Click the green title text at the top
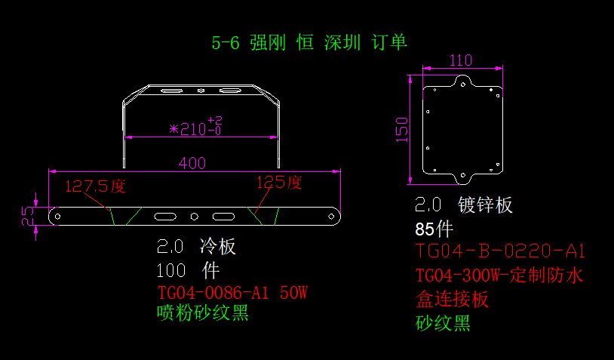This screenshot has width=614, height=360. pyautogui.click(x=309, y=42)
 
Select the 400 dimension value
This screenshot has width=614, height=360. pyautogui.click(x=192, y=163)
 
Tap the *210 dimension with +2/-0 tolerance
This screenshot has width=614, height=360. pyautogui.click(x=196, y=126)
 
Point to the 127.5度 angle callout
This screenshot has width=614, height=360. pyautogui.click(x=95, y=186)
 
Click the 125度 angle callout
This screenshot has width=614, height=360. pyautogui.click(x=279, y=183)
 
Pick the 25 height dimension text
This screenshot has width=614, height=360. pyautogui.click(x=28, y=217)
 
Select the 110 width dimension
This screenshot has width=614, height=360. pyautogui.click(x=460, y=60)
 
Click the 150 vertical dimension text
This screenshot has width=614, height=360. pyautogui.click(x=402, y=130)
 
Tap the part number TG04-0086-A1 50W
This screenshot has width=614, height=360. pyautogui.click(x=232, y=293)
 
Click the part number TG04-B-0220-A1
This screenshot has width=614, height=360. pyautogui.click(x=500, y=251)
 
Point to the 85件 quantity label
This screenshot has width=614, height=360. pyautogui.click(x=434, y=229)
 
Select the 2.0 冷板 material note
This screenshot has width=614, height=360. pyautogui.click(x=196, y=246)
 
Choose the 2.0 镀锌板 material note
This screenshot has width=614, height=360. pyautogui.click(x=464, y=205)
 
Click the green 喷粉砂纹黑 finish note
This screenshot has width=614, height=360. pyautogui.click(x=203, y=312)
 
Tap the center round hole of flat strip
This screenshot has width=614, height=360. pyautogui.click(x=194, y=217)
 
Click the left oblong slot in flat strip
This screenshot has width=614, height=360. pyautogui.click(x=165, y=217)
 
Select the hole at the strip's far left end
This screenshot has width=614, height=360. pyautogui.click(x=57, y=217)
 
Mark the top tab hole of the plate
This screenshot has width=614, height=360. pyautogui.click(x=463, y=85)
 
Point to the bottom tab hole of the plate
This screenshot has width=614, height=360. pyautogui.click(x=463, y=175)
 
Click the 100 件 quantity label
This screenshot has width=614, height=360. pyautogui.click(x=188, y=270)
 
